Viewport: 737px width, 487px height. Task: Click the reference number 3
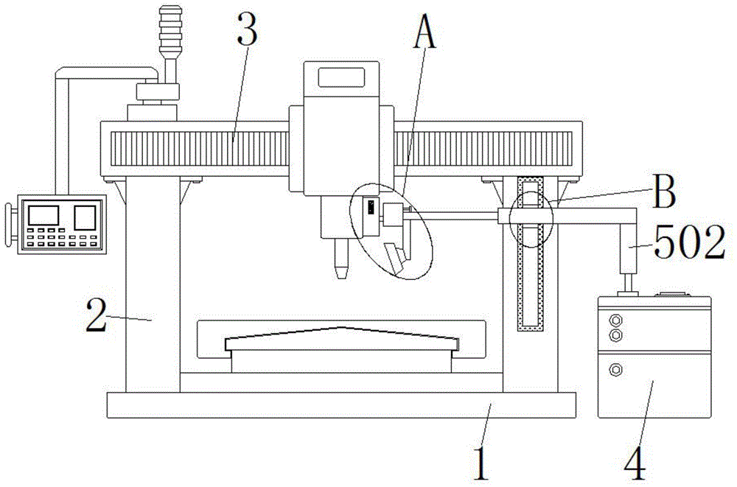click(248, 29)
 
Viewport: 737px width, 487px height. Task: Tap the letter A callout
click(425, 31)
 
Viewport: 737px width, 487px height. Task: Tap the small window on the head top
click(342, 77)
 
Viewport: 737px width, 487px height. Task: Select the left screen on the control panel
click(43, 215)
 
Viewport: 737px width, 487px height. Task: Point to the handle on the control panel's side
click(9, 224)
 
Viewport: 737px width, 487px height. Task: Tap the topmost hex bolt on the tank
click(615, 320)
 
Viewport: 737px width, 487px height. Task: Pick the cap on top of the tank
click(673, 295)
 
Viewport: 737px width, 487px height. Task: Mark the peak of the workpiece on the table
click(342, 326)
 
